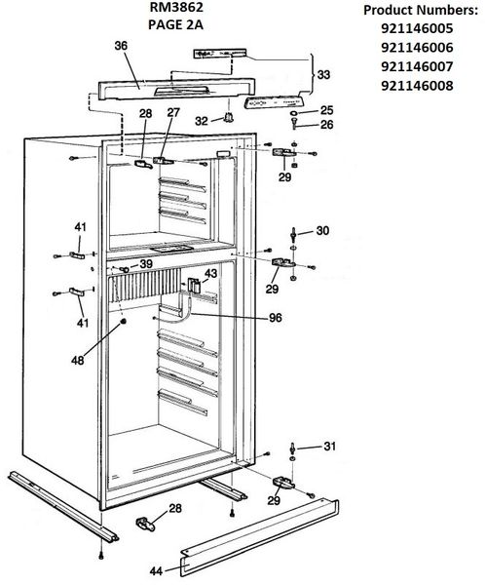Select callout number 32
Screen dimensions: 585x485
tap(203, 121)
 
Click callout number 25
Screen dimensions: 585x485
tap(326, 109)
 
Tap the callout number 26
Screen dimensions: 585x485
tap(326, 125)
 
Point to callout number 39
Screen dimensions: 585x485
tap(145, 264)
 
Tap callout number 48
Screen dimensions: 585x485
tap(78, 360)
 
